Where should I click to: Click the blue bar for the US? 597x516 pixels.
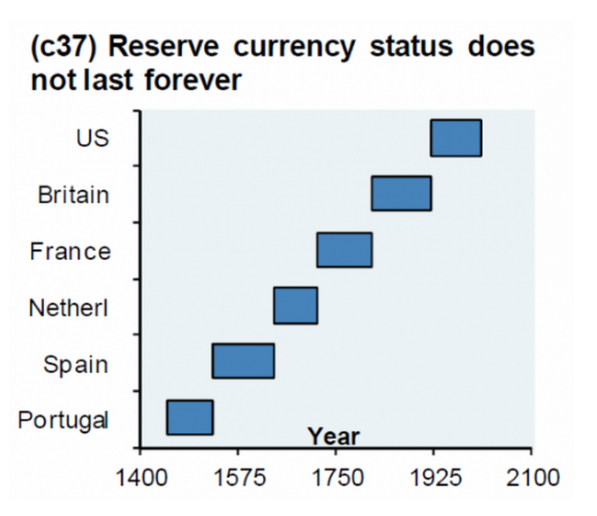pos(456,138)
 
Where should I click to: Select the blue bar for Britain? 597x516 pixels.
pos(401,193)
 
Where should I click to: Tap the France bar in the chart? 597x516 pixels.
pos(344,250)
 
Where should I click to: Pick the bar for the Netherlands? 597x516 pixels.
pos(295,306)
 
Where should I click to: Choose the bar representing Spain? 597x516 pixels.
pos(243,361)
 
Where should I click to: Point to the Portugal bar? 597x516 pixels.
pos(190,417)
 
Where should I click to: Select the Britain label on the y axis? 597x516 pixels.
pos(74,194)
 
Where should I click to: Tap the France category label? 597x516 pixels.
pos(71,251)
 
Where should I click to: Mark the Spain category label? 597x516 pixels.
pos(76,363)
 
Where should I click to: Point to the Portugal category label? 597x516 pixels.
pos(64,419)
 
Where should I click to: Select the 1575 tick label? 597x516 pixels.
pos(237,478)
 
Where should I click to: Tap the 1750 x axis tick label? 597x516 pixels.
pos(335,478)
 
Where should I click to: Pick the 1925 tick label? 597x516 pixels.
pos(433,478)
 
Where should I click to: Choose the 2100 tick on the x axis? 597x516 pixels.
pos(531,478)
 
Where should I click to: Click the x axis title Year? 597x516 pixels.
pos(334,436)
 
